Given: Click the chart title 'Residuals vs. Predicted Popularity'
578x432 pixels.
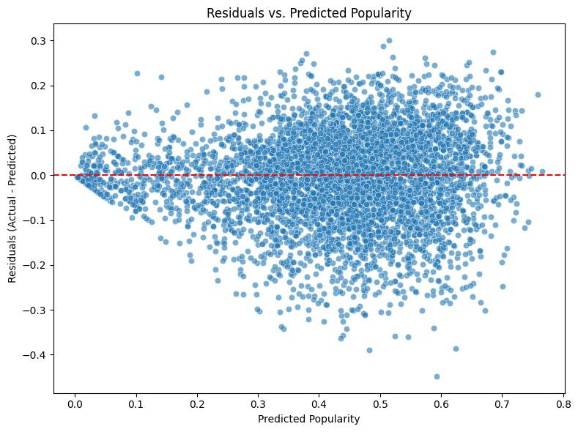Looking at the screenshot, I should [308, 12].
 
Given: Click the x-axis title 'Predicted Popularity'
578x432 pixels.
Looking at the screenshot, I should [308, 420].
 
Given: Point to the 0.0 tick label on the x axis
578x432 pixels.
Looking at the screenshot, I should [75, 403].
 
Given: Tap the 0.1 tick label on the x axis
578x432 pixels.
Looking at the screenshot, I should [136, 403].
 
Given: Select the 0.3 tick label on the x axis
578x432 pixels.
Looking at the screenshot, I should [258, 403].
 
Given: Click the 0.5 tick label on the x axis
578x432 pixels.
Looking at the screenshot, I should [380, 403].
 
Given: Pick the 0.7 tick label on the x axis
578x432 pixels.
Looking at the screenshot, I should [503, 403].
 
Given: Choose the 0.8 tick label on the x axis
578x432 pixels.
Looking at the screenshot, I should [563, 403].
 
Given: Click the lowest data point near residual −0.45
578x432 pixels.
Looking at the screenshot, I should [437, 376].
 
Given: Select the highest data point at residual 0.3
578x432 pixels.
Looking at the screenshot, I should [389, 41].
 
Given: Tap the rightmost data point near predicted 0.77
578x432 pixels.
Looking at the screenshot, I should [542, 172].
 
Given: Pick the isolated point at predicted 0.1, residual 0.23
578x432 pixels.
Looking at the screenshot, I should [137, 73].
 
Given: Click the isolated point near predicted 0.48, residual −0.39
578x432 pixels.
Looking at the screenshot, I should [369, 350].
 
